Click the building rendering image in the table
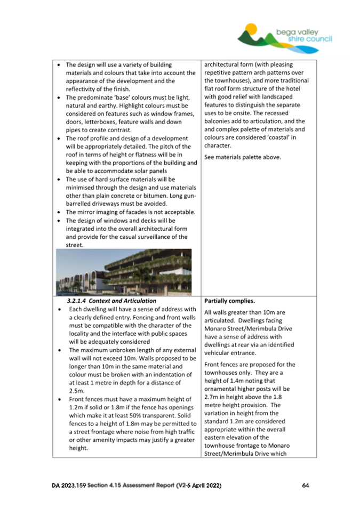[123, 272]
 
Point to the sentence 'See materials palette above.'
[242, 157]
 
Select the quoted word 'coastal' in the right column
[272, 137]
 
